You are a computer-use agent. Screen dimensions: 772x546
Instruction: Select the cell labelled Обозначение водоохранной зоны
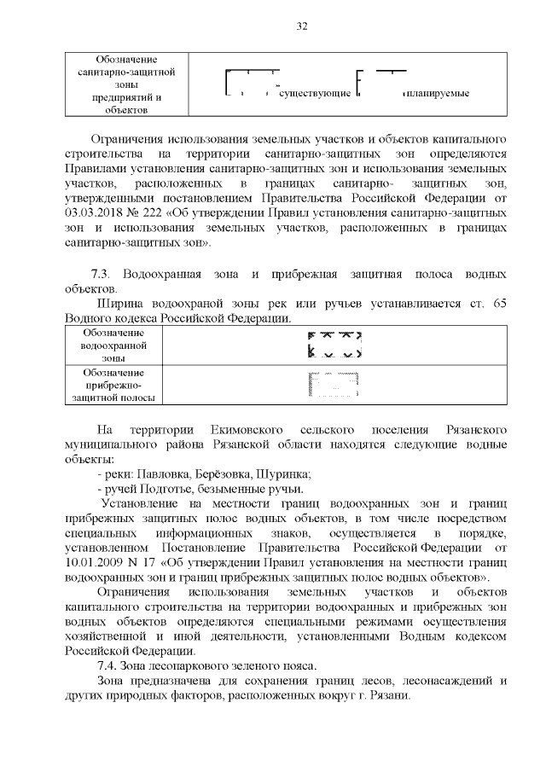(113, 345)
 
